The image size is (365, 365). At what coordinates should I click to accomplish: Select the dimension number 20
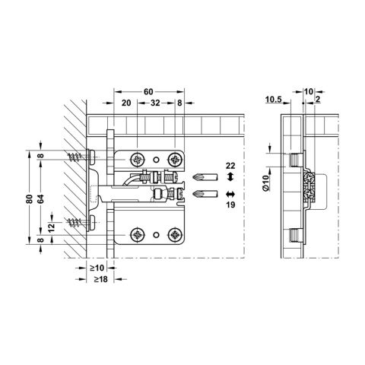(x=125, y=102)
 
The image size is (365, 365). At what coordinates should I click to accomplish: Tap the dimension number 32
(x=155, y=102)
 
